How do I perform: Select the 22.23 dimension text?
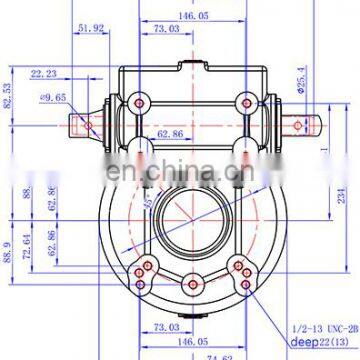point(43,74)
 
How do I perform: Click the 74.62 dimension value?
point(205,353)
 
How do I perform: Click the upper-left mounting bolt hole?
point(134,98)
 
